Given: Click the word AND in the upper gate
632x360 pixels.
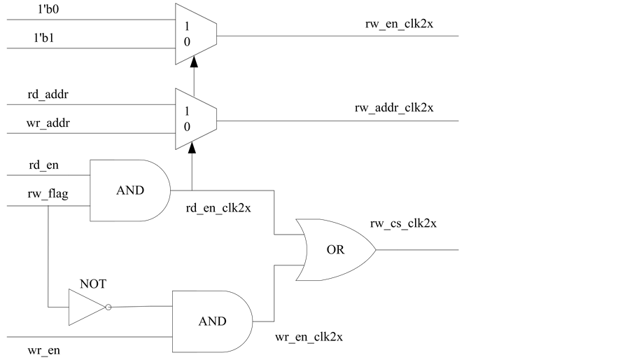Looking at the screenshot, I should pos(130,191).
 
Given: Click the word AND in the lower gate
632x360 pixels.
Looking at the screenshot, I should pos(212,321).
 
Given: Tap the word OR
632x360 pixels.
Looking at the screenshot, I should pos(335,250).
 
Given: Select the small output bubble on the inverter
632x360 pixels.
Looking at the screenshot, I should pos(108,307).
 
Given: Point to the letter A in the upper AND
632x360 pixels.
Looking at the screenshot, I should pos(121,191).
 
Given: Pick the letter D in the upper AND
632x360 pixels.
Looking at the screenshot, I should pos(139,191).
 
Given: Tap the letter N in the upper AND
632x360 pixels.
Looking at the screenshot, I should pos(130,191).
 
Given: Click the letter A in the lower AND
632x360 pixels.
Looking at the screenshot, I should pos(203,321).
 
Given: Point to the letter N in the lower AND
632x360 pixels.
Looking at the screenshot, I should pos(212,321).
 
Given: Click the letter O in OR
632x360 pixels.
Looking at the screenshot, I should pos(331,250).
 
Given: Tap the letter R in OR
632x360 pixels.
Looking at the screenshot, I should pos(340,250).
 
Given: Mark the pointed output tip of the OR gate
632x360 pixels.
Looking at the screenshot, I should pos(374,250).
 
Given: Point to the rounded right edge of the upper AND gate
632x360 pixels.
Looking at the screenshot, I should pos(169,191).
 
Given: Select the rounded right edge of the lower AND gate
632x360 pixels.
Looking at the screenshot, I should pos(251,321).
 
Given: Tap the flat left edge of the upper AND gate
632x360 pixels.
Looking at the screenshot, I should pos(92,191).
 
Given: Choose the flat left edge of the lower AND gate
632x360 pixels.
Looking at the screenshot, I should pos(174,321).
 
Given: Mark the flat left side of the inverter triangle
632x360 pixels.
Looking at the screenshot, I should pos(70,307).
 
